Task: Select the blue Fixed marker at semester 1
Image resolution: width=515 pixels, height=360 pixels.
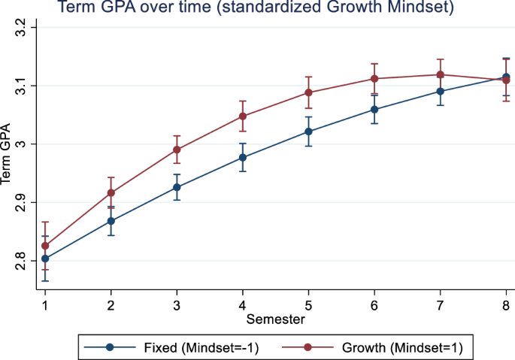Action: point(45,259)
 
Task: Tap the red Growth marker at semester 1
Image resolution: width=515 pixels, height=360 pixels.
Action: point(45,246)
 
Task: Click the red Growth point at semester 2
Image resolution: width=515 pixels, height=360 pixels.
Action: point(111,193)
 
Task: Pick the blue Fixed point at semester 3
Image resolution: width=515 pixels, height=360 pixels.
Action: point(177,187)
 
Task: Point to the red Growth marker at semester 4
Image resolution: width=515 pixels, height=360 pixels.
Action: point(243,116)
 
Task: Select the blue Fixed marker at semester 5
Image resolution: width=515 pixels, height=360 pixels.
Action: point(308,132)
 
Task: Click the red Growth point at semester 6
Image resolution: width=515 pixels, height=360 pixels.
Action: point(374,79)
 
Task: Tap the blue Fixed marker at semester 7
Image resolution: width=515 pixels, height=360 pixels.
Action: point(441,92)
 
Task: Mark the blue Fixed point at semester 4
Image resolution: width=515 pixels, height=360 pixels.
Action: point(243,158)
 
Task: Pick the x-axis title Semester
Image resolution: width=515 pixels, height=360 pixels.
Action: point(275,319)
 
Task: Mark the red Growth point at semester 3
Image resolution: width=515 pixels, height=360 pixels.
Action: point(177,150)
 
